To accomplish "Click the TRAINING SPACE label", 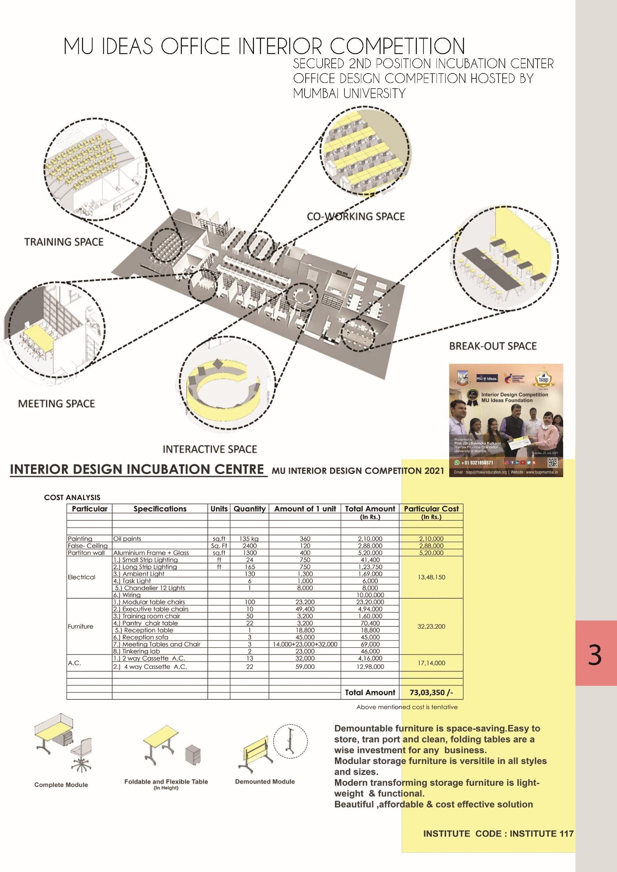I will click(x=64, y=242).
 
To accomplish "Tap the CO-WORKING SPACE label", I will click(x=356, y=217).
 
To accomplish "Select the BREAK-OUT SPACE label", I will click(x=493, y=346).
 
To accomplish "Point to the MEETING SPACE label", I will click(x=56, y=403).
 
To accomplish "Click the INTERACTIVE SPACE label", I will click(x=210, y=449).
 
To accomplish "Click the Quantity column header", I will click(x=249, y=508).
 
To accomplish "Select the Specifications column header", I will click(x=160, y=508).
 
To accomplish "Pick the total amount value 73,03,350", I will click(x=431, y=692).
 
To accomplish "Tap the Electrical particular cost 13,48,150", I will click(x=431, y=577).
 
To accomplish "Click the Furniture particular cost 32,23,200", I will click(x=431, y=626).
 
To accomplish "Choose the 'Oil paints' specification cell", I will click(x=127, y=539).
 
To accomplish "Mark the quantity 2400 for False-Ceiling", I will click(x=249, y=546).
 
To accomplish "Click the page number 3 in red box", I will click(x=594, y=655).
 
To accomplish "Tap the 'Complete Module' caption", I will click(x=61, y=785).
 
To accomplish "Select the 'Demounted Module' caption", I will click(x=265, y=781).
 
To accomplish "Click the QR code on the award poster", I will click(x=552, y=463).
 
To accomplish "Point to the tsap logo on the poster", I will click(x=543, y=378).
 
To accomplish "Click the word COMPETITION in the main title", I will click(x=397, y=46).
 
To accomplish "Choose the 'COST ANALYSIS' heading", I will click(x=72, y=497).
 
